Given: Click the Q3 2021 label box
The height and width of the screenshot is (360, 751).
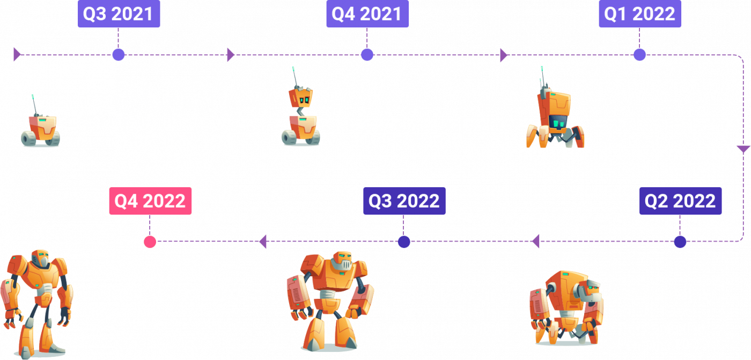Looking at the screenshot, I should pos(119,14).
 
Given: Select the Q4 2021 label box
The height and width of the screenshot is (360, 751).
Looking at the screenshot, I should pos(367,14).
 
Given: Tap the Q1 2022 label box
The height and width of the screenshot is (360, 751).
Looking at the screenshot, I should pos(640,14).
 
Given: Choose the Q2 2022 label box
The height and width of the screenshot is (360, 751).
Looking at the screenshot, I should pos(680,201).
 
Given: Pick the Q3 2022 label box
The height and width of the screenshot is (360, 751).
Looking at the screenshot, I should pos(404,201).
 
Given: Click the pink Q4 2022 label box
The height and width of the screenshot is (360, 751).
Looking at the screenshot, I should pos(150,201).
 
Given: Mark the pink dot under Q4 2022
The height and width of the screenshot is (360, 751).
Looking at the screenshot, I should pos(150,242).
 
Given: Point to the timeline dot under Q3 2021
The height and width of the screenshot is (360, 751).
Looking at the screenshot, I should pos(119,55).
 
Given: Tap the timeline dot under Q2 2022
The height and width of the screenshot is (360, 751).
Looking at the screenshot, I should pos(680,242).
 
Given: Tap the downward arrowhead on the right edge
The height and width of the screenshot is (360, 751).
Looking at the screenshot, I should pos(743,149).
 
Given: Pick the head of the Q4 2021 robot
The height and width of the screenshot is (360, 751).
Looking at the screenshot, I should pos(300,97).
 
